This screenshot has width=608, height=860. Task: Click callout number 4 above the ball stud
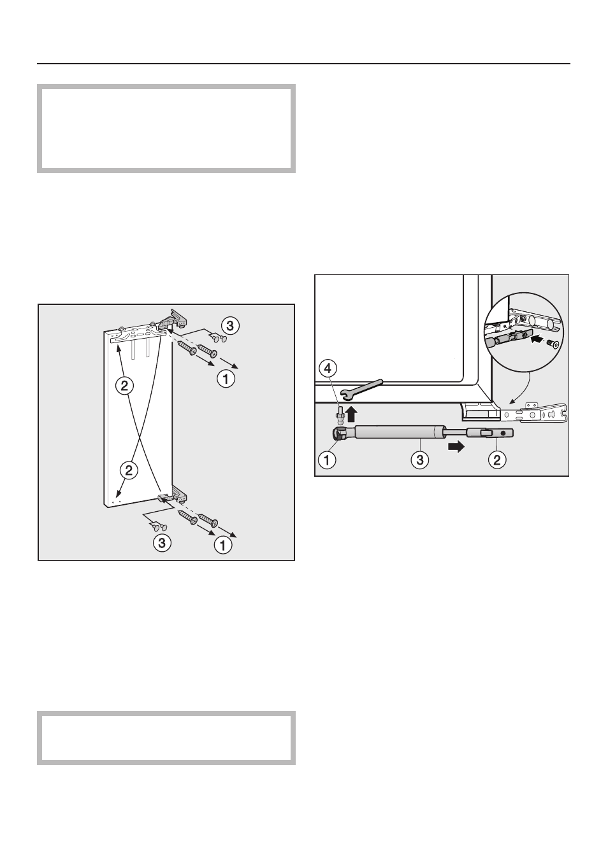328,369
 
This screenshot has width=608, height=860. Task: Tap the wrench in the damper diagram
362,388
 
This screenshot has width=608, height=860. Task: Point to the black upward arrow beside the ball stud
352,414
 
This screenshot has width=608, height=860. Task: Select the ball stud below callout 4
339,414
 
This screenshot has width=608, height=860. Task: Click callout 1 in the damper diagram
327,459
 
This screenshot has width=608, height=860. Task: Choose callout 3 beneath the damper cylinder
420,459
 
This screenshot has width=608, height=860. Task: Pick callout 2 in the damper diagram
497,459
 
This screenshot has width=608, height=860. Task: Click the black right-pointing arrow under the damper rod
456,447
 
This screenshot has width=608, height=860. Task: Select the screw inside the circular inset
553,342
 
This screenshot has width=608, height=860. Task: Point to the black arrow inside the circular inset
538,339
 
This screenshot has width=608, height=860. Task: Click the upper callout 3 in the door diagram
230,326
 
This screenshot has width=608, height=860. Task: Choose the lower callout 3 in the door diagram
162,543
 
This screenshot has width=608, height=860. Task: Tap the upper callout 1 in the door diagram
226,379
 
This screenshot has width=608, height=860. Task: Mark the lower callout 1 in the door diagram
223,545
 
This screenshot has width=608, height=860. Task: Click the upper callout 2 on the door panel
124,386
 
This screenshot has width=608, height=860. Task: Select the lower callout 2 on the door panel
129,470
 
